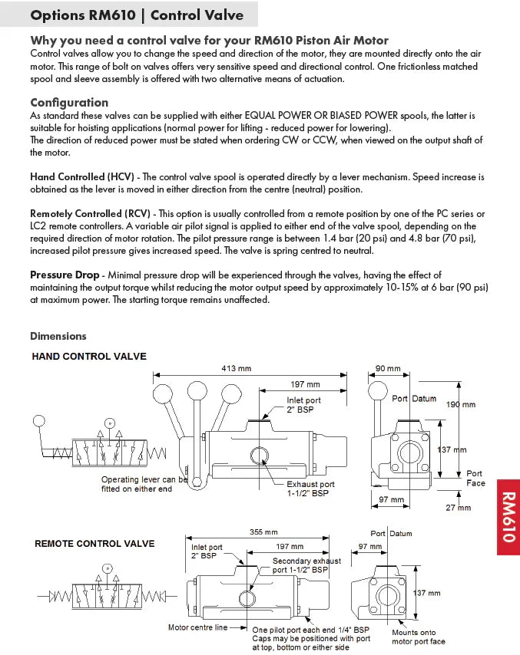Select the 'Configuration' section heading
(x=69, y=102)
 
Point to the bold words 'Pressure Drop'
(x=65, y=275)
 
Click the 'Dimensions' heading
(x=58, y=336)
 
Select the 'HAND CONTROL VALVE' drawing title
(x=89, y=357)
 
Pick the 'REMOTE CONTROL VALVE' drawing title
(x=94, y=544)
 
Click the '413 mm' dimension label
(x=237, y=369)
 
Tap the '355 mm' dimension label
(x=263, y=532)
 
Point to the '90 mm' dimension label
(x=388, y=369)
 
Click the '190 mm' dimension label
(x=461, y=404)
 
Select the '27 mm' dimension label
(x=459, y=508)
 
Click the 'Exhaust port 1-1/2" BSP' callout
(x=311, y=489)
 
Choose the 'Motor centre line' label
(x=197, y=627)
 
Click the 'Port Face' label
(x=475, y=479)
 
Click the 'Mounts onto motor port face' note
(x=419, y=637)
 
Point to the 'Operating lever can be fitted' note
(x=144, y=484)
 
